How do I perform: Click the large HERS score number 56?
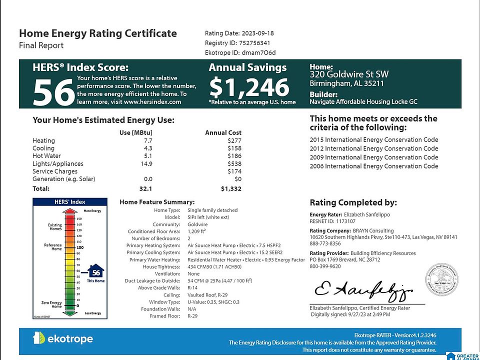[x=53, y=92]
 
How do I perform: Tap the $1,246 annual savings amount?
[x=249, y=87]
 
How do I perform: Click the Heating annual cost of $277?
[x=234, y=141]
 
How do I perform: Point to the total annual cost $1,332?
[x=231, y=189]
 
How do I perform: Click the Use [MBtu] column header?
[x=135, y=132]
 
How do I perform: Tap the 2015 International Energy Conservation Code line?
[x=374, y=140]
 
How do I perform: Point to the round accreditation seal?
[x=441, y=279]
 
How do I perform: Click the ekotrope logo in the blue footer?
[x=63, y=338]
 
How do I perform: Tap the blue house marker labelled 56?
[x=96, y=272]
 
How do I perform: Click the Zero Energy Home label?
[x=52, y=304]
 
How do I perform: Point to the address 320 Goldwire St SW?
[x=349, y=74]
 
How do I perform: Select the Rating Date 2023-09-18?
[x=257, y=33]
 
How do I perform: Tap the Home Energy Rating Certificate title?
[x=98, y=33]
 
